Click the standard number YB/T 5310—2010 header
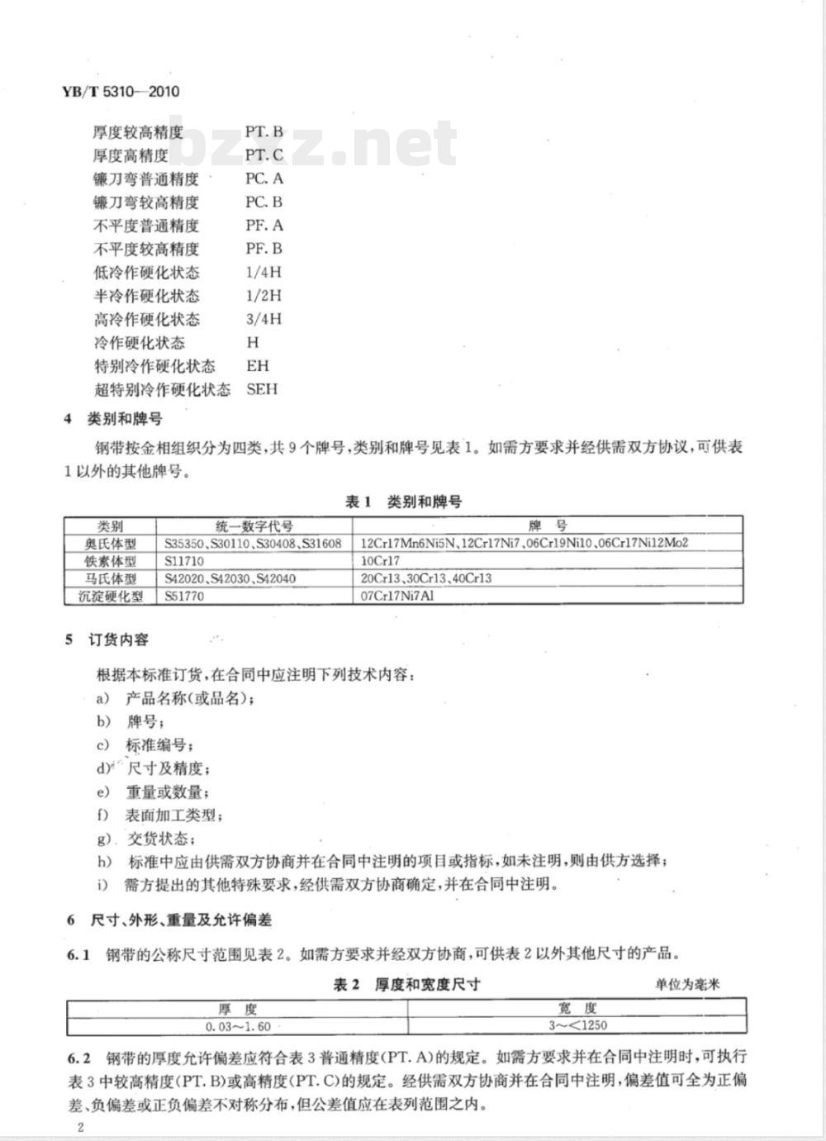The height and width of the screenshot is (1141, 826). pyautogui.click(x=121, y=92)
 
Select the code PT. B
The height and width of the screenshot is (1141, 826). pyautogui.click(x=263, y=131)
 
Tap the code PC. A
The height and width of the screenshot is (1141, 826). pyautogui.click(x=263, y=178)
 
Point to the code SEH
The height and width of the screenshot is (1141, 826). pyautogui.click(x=262, y=389)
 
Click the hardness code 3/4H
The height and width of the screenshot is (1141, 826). pyautogui.click(x=263, y=319)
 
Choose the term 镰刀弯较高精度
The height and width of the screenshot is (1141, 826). pyautogui.click(x=145, y=202)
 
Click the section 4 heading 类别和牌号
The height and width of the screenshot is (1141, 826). pyautogui.click(x=125, y=419)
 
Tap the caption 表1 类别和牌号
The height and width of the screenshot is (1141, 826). pyautogui.click(x=403, y=502)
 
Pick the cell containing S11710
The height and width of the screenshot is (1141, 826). pyautogui.click(x=184, y=561)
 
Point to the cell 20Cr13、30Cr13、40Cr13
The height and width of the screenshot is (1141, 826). pyautogui.click(x=425, y=578)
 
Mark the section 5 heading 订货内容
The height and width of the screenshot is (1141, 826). pyautogui.click(x=119, y=639)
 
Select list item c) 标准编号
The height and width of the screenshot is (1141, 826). pyautogui.click(x=157, y=745)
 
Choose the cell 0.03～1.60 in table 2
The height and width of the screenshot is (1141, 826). pyautogui.click(x=238, y=1026)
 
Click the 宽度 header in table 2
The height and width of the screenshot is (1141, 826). pyautogui.click(x=577, y=1009)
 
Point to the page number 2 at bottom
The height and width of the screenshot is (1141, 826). pyautogui.click(x=79, y=1128)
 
